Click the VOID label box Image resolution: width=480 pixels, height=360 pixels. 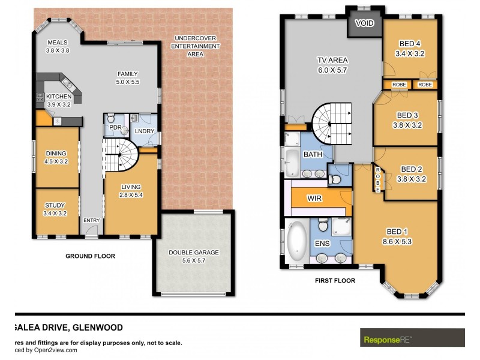click(x=364, y=25)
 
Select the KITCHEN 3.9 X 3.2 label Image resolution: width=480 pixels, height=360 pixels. click(x=59, y=100)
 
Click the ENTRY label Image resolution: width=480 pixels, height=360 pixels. click(x=92, y=220)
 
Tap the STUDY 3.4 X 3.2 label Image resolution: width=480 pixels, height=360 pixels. click(x=55, y=209)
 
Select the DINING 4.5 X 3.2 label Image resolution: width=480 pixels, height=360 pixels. click(x=56, y=157)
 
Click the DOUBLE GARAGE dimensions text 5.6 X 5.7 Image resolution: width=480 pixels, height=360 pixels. click(x=193, y=260)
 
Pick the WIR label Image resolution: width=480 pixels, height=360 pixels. click(x=315, y=198)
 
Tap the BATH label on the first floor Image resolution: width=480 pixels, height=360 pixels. click(x=312, y=155)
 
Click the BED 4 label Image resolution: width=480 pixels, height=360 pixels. click(x=410, y=47)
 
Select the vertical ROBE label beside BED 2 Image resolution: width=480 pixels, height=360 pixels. click(x=377, y=178)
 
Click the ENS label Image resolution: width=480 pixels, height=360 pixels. click(x=322, y=244)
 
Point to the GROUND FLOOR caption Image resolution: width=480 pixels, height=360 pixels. click(x=90, y=256)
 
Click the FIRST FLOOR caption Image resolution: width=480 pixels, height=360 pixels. click(x=335, y=280)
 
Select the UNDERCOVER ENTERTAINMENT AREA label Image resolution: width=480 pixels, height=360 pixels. click(x=194, y=46)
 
